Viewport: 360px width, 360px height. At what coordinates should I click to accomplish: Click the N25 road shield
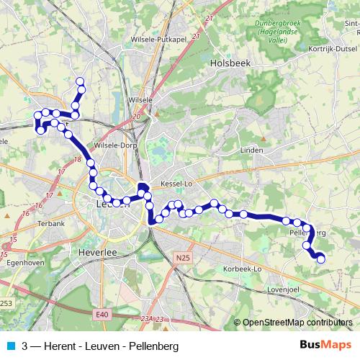(184, 256)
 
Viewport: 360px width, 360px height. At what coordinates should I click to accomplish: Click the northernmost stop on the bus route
(80, 81)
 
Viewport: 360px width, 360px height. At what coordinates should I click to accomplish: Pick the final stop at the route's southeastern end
(321, 259)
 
